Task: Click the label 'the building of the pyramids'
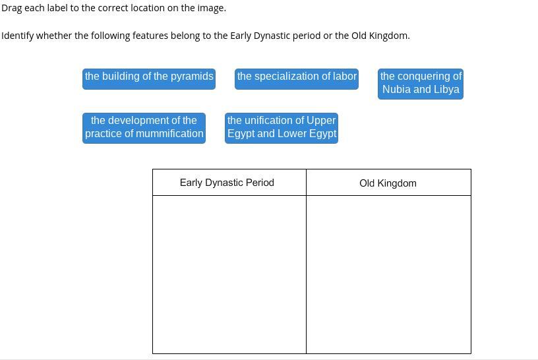pos(149,76)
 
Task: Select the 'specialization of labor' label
pos(297,76)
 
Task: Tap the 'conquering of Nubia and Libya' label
pos(421,83)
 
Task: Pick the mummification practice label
pos(144,127)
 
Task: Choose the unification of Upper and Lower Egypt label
pos(282,127)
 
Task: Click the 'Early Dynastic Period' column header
pos(227,183)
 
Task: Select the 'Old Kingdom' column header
pos(388,183)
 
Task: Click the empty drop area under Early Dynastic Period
pos(229,274)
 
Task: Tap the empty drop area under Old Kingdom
pos(388,274)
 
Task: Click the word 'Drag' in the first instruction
pos(11,8)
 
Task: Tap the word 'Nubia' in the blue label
pos(396,90)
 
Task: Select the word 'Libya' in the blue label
pos(445,90)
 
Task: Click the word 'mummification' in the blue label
pos(171,134)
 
